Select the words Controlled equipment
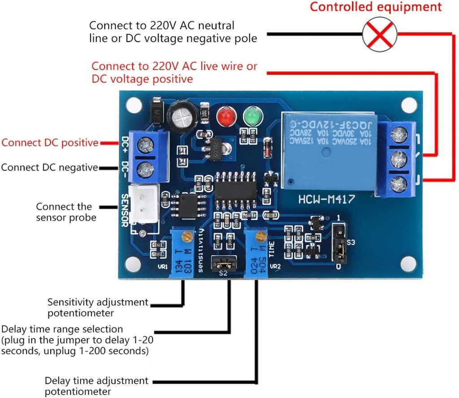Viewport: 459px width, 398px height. tap(376, 7)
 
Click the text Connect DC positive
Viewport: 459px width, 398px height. tap(50, 143)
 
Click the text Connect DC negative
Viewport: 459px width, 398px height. tap(50, 167)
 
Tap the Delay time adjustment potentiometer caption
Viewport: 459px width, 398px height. tap(96, 386)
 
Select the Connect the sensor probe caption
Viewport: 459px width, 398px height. tap(66, 212)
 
